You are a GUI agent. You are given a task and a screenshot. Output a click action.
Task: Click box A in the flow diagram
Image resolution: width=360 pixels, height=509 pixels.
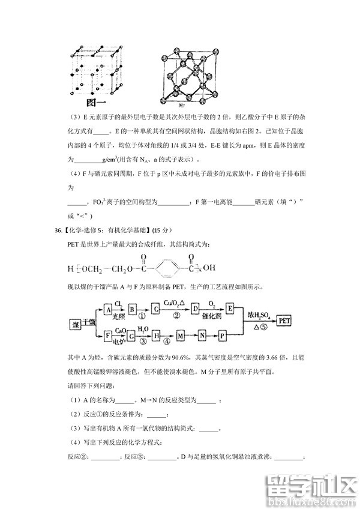point(108,310)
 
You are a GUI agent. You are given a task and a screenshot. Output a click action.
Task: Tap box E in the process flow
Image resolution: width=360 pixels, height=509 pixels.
point(229,310)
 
